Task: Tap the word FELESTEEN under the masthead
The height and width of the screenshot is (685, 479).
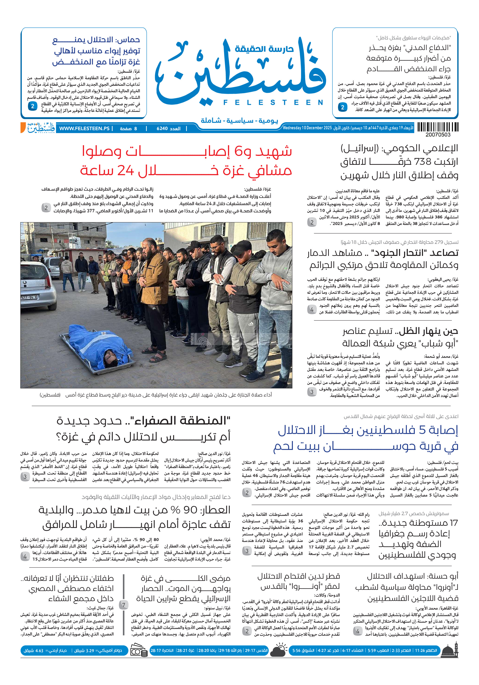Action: click(273, 103)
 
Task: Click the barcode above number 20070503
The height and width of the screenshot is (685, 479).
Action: click(437, 127)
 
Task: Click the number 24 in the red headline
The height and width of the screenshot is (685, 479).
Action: click(125, 170)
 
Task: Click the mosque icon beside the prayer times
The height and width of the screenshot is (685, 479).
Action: click(450, 650)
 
